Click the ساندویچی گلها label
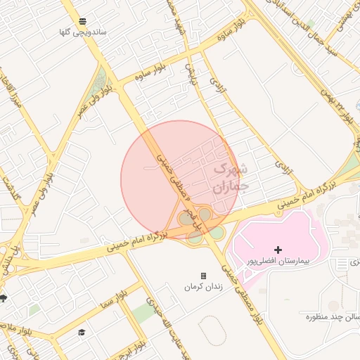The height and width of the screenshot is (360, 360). point(84,32)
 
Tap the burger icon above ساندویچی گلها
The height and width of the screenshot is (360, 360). point(83,21)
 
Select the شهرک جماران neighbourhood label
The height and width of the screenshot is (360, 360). point(230,178)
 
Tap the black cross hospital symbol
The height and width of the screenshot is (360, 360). point(278,250)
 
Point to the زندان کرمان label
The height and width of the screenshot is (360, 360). point(203,286)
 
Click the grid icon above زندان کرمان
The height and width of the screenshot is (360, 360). point(203,276)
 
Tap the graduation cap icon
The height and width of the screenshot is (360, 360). point(82,332)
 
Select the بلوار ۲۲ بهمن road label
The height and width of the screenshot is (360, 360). point(334,105)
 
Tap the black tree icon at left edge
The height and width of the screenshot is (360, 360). point(4,298)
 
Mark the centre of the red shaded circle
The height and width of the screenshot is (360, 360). point(180,179)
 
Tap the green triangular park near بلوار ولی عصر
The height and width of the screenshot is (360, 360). point(99,85)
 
